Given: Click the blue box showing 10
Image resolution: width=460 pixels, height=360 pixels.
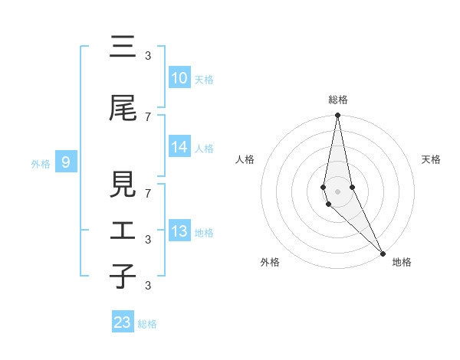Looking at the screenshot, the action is click(179, 78).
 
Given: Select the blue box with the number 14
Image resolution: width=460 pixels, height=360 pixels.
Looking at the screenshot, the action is click(179, 147).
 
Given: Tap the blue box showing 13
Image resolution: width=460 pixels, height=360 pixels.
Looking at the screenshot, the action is click(179, 231).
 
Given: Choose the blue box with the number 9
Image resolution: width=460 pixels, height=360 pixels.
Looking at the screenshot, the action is click(66, 162).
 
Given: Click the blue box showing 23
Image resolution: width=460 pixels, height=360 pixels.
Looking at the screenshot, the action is click(123, 322).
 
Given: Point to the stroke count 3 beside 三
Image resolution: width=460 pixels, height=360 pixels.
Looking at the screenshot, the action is click(148, 55).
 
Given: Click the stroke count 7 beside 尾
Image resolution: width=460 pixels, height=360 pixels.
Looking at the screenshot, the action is click(148, 116).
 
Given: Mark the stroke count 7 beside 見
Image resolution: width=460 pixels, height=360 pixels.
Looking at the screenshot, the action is click(148, 193).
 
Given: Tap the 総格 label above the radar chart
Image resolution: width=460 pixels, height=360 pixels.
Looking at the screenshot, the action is click(338, 100).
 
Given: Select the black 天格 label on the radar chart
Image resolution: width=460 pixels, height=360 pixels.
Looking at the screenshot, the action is click(432, 159).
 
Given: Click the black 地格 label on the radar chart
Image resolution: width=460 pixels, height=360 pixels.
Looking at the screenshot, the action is click(402, 262).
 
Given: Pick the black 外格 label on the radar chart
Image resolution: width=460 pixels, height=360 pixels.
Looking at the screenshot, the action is click(270, 262).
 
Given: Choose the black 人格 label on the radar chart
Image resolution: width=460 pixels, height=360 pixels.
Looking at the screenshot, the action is click(245, 159).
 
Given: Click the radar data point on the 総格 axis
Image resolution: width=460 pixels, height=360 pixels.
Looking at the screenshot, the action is click(338, 116).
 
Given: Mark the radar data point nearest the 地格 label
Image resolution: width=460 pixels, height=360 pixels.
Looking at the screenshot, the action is click(383, 252).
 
